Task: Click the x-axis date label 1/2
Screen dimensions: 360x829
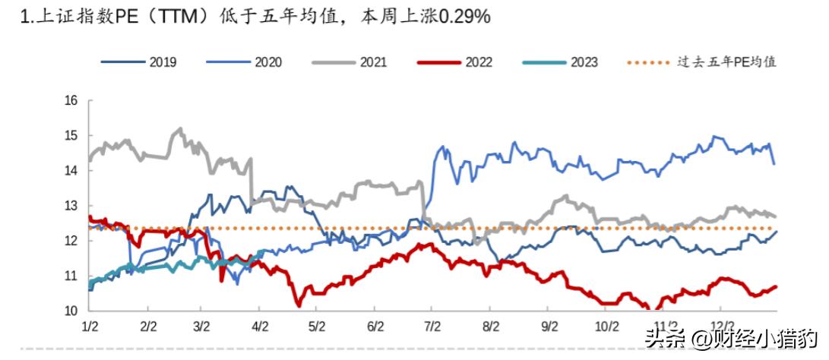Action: pos(90,326)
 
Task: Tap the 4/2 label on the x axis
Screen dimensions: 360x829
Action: pos(261,326)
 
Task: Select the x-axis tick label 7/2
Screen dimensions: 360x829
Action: pos(432,326)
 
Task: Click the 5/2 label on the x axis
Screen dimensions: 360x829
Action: pos(318,326)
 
